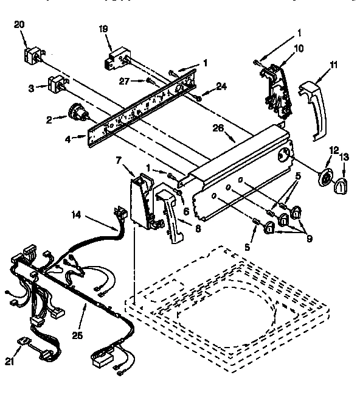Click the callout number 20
point(19,24)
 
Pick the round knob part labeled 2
point(76,112)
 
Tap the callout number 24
point(221,86)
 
